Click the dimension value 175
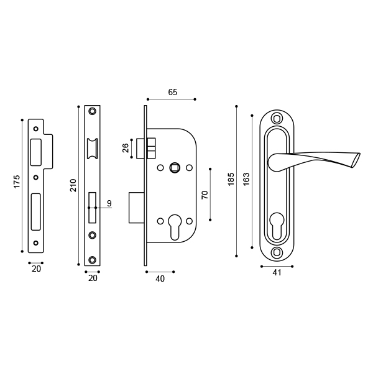tap(17, 181)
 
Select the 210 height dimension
tap(73, 185)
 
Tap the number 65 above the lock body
tap(173, 92)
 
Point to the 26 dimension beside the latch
tap(126, 148)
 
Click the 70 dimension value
tap(205, 195)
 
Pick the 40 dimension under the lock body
tap(160, 279)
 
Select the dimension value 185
tap(231, 180)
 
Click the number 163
tap(246, 179)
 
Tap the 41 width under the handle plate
tap(277, 272)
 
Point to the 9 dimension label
tap(109, 203)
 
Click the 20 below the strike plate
tap(36, 269)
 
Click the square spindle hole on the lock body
tap(175, 167)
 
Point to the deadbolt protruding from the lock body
tap(137, 207)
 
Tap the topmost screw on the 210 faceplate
tap(92, 111)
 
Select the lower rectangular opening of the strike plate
tap(35, 211)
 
